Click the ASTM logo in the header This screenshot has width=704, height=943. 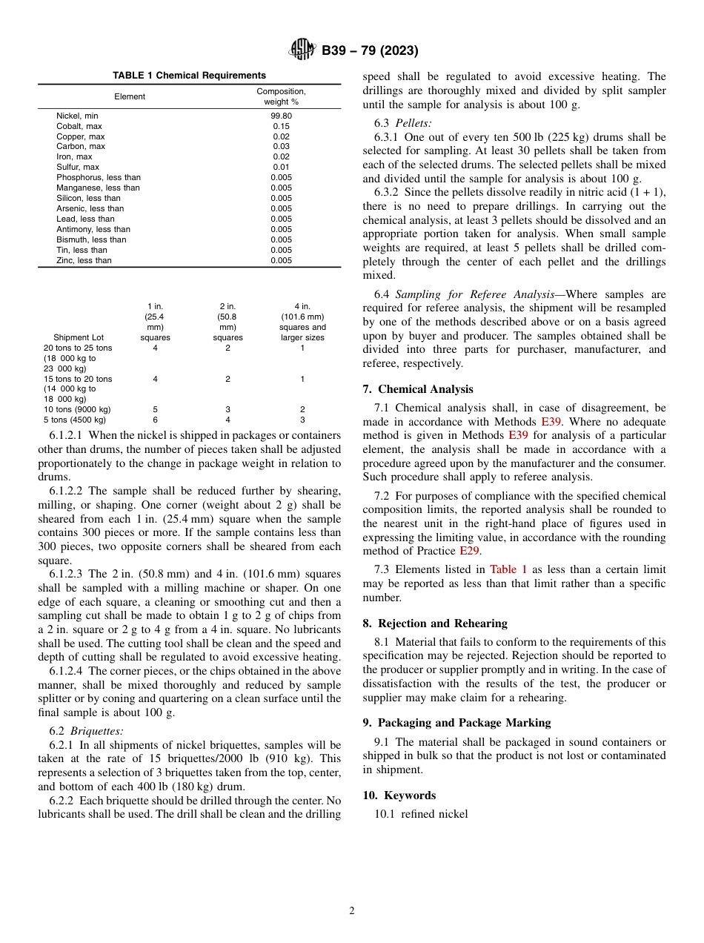pos(302,50)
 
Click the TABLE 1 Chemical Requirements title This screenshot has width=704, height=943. pos(189,76)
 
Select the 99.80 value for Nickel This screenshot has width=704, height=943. pos(281,116)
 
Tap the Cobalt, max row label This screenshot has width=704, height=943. pos(80,127)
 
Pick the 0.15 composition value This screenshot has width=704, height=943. pos(281,127)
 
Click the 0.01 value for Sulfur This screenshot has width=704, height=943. pos(281,168)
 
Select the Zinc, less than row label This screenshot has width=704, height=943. pos(84,260)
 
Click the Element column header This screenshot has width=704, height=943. pos(130,96)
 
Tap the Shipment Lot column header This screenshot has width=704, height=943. pos(78,338)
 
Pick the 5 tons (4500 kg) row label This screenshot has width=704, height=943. pos(74,420)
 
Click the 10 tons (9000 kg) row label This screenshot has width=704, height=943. pos(77,409)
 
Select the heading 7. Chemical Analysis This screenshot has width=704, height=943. pos(417,389)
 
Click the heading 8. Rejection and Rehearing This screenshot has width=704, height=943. pos(435,623)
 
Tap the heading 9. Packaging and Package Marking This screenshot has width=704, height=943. pos(456,723)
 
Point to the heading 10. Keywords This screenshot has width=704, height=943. pos(399,795)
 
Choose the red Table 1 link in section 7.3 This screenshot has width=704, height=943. pos(508,569)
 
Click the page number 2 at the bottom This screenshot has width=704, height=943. pos(352,911)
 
